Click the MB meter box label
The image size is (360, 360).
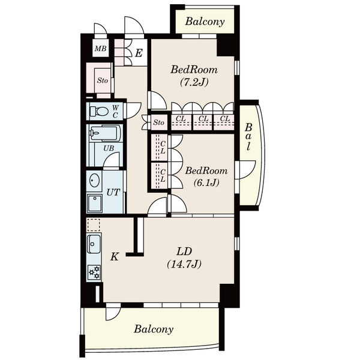[101, 49]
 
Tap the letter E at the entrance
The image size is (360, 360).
[139, 53]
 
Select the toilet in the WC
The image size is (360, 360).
[99, 112]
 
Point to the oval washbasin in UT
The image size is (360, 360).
[94, 180]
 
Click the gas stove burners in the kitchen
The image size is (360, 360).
[94, 272]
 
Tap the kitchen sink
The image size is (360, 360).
[94, 244]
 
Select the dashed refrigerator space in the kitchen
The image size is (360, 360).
[94, 225]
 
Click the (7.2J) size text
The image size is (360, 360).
[194, 82]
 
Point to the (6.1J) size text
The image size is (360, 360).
[206, 182]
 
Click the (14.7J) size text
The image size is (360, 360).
[184, 264]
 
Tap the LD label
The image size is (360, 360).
[184, 251]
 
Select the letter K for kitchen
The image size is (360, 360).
[115, 256]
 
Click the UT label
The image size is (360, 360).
[113, 192]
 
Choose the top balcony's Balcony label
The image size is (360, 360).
[205, 22]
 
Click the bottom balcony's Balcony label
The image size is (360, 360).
[154, 329]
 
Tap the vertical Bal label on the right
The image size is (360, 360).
[248, 137]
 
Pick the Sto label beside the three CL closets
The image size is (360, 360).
[158, 122]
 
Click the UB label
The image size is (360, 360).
[109, 148]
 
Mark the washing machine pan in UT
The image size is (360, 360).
[94, 203]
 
